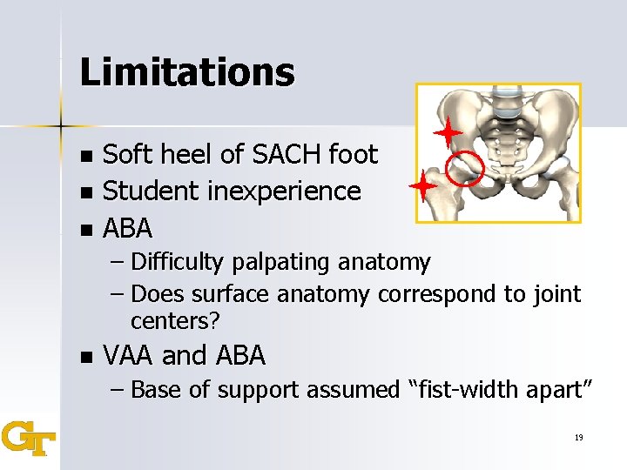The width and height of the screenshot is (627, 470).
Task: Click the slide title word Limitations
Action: tap(186, 72)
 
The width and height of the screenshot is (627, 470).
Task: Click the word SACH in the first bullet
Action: tap(285, 156)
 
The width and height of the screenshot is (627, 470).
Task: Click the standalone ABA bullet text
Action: tap(128, 228)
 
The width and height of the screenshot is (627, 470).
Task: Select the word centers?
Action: tap(175, 321)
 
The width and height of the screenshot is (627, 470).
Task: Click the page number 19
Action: tap(578, 437)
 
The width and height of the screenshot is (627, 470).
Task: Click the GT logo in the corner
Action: tap(28, 438)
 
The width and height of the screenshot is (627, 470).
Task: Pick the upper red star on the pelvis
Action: tap(448, 132)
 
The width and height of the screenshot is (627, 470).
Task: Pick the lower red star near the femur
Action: tap(424, 187)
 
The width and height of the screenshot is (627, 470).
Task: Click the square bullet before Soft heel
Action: tap(84, 157)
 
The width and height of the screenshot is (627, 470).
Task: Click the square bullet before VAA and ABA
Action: tap(84, 357)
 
